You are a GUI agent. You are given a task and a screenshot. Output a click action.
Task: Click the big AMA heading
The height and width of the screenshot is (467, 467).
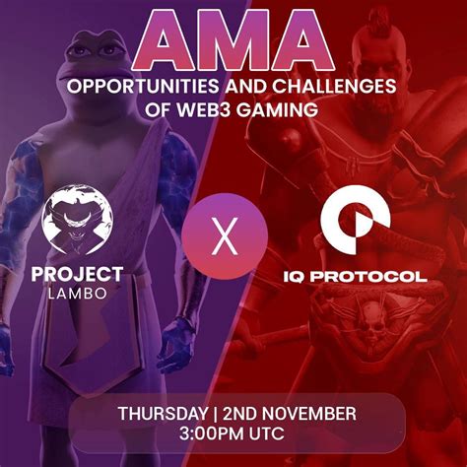[x=233, y=40]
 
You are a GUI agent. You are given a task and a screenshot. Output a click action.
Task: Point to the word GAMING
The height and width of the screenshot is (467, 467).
[x=277, y=109]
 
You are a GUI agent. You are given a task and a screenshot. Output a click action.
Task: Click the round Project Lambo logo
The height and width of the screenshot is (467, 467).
[x=78, y=220]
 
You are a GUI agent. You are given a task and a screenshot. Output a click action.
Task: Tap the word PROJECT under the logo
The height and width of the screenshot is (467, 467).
[x=78, y=275]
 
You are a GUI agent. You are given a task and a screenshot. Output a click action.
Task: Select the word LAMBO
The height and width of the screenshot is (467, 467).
[x=78, y=294]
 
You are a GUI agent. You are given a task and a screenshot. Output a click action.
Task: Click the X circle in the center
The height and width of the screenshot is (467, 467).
[x=225, y=236]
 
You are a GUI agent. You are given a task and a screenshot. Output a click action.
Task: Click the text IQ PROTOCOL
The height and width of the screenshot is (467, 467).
[x=355, y=277]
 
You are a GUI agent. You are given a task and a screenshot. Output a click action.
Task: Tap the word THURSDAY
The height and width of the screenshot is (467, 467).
[x=163, y=414]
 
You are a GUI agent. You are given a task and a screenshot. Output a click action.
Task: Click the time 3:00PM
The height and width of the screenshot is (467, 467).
[x=212, y=434]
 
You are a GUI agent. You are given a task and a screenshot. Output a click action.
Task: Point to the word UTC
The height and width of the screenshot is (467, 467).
[x=267, y=434]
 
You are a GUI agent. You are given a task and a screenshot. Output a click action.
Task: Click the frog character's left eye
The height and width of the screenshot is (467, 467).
[x=80, y=51]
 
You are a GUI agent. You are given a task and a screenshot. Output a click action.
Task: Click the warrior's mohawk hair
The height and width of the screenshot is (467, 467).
[x=381, y=20]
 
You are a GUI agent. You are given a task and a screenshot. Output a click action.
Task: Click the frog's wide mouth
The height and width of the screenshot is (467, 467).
[x=91, y=79]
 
